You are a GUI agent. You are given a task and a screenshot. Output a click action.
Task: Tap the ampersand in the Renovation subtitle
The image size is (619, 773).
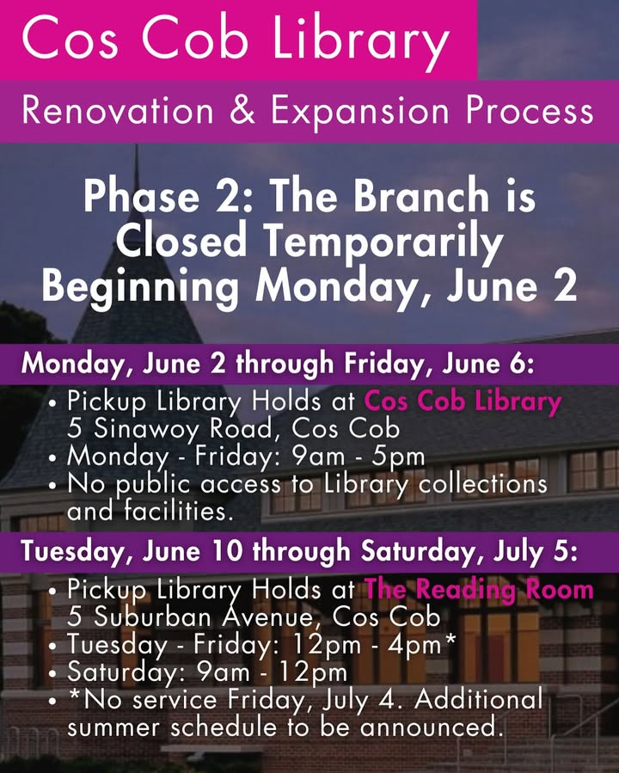(242, 109)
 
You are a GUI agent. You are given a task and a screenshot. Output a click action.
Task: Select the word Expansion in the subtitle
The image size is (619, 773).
(359, 112)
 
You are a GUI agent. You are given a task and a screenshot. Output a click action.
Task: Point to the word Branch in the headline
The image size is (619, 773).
(422, 196)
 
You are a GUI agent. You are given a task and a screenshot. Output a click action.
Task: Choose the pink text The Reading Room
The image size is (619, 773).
(479, 589)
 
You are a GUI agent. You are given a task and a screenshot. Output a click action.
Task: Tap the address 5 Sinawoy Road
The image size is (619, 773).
(170, 428)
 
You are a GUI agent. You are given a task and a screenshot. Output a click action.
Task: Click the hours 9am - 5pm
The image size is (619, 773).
(359, 457)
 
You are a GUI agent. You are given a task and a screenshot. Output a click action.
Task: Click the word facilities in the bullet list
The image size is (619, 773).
(179, 511)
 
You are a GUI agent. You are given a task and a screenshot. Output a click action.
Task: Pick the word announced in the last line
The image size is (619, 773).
(428, 727)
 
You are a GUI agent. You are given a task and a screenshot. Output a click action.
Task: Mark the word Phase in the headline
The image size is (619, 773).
(142, 196)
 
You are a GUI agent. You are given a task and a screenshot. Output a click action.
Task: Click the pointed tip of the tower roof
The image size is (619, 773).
(137, 146)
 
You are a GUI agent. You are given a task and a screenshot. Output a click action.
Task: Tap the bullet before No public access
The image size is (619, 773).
(53, 486)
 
